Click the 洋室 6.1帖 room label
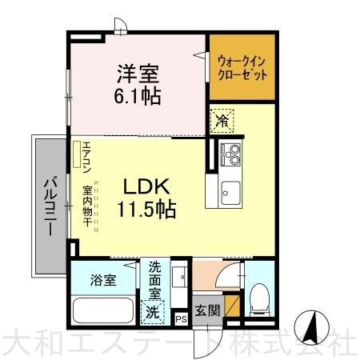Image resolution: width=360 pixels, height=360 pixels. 138,85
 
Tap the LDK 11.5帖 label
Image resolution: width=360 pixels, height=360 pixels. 146,198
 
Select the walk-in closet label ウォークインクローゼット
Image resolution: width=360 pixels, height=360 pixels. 242,68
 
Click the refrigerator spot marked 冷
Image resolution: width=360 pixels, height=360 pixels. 222,121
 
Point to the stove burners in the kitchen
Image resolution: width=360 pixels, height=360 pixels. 230,154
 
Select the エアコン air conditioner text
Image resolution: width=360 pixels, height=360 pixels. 87,158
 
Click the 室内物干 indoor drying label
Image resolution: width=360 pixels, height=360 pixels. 87,206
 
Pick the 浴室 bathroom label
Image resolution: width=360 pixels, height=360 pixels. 103,280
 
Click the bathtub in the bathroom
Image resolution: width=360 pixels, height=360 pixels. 103,310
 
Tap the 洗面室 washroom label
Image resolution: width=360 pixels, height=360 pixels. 155,280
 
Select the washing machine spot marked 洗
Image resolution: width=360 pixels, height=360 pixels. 153,312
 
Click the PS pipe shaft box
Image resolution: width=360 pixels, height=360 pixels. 181,319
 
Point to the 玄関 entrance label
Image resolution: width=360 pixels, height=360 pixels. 207,310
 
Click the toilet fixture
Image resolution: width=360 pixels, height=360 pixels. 259,300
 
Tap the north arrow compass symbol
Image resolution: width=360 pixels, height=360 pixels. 312,328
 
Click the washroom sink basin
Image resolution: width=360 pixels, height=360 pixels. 179,277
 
